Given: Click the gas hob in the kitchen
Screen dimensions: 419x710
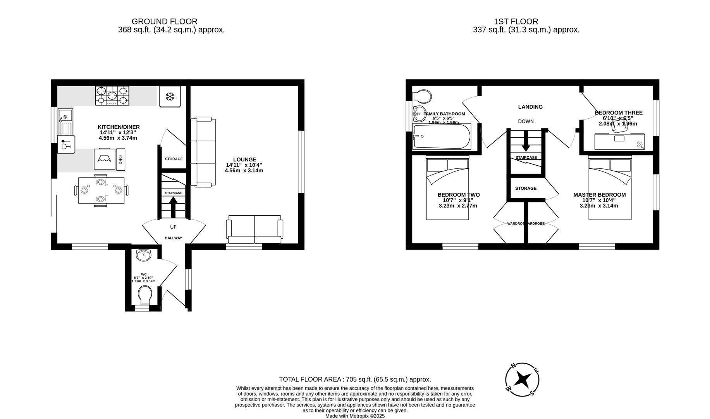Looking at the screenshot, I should tap(112, 95).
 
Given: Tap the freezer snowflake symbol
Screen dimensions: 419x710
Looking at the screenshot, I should tap(170, 96).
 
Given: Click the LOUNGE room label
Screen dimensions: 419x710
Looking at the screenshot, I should tap(244, 159).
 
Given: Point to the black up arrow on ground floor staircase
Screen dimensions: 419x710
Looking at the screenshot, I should tap(173, 206).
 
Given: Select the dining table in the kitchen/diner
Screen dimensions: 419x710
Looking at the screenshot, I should tap(101, 190).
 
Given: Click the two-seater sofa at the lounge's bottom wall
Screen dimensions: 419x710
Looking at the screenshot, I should tap(254, 229).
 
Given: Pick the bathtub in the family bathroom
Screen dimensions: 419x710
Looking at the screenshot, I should tap(442, 137).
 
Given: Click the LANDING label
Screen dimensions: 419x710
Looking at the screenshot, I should tap(530, 107).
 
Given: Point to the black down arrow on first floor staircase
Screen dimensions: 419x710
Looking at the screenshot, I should tap(526, 142).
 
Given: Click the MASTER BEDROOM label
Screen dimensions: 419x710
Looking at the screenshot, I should tap(599, 195).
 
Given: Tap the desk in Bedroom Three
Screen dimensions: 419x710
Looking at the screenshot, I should tap(619, 141).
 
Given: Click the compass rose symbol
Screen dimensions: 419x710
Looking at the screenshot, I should tap(522, 379).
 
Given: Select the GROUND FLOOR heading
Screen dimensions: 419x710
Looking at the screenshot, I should tap(164, 22).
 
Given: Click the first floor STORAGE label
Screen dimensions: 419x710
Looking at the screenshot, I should tap(526, 188).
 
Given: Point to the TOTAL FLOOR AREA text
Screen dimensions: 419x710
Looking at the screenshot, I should tap(355, 379).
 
